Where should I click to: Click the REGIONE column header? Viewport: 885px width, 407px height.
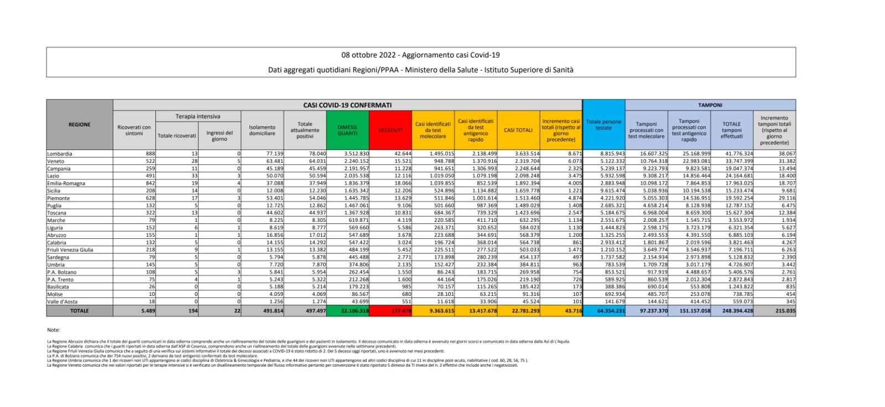[x=80, y=124]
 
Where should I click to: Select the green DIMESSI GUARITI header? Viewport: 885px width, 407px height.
[x=347, y=130]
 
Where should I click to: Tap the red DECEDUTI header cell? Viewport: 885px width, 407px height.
[x=390, y=130]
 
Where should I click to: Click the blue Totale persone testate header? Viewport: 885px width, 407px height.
[x=603, y=125]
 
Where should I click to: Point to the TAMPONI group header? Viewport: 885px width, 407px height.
[x=710, y=105]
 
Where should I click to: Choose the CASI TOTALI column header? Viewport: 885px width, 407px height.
[x=518, y=130]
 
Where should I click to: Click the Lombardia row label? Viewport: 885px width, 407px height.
[x=60, y=154]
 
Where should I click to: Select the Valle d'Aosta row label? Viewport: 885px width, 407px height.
[x=63, y=301]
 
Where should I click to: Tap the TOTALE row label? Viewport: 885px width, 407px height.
[x=80, y=311]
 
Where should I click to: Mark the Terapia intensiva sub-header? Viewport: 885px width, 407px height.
[x=197, y=117]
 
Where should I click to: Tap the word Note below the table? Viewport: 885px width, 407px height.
[x=54, y=330]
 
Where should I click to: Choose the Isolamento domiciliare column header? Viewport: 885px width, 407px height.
[x=262, y=130]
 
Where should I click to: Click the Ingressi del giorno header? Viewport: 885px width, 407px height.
[x=220, y=135]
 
